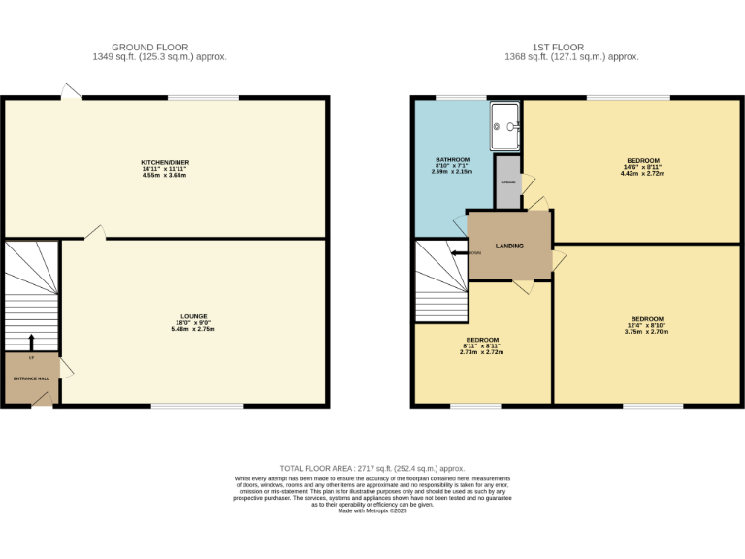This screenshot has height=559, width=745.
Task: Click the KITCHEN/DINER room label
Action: pyautogui.click(x=164, y=161)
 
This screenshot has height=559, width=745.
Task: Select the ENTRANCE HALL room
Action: pyautogui.click(x=30, y=379)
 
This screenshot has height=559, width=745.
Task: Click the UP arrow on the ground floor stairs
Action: pyautogui.click(x=30, y=343)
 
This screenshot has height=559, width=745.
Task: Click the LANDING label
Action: pyautogui.click(x=509, y=247)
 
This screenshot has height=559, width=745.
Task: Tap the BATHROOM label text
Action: pyautogui.click(x=452, y=159)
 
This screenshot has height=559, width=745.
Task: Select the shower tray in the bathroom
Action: pyautogui.click(x=506, y=126)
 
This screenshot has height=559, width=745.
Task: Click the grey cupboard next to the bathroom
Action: pyautogui.click(x=507, y=188)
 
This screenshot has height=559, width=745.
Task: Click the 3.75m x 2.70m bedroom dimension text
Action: pyautogui.click(x=647, y=332)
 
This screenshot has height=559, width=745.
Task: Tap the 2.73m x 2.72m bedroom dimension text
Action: pyautogui.click(x=481, y=352)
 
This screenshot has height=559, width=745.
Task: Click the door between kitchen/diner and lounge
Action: pyautogui.click(x=94, y=233)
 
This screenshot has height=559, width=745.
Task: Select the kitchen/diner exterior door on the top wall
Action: pyautogui.click(x=71, y=92)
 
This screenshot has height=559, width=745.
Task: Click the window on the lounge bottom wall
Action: pyautogui.click(x=197, y=406)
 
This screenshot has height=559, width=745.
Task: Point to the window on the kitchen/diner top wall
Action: pyautogui.click(x=203, y=97)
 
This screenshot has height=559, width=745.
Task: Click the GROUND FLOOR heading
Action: pyautogui.click(x=149, y=47)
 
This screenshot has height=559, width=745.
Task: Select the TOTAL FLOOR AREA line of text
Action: pyautogui.click(x=372, y=467)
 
